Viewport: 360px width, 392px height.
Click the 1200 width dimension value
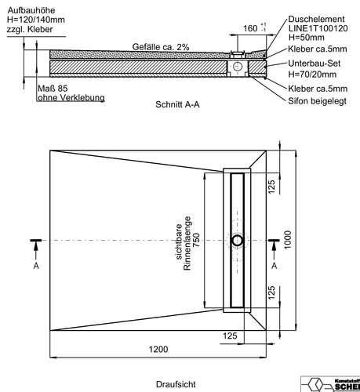[x=158, y=349]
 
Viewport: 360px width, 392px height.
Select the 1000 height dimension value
[x=287, y=240]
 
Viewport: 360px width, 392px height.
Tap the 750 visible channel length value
[x=196, y=240]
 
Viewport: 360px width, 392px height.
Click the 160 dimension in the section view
[x=250, y=28]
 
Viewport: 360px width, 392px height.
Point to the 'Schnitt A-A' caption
[x=177, y=104]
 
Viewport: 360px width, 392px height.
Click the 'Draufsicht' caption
[x=176, y=384]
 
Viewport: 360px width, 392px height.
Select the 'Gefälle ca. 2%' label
[x=161, y=47]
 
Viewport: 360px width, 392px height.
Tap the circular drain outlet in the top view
[x=238, y=241]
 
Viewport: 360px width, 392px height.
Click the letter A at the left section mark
[x=36, y=266]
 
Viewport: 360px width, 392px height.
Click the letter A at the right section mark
[x=274, y=266]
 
